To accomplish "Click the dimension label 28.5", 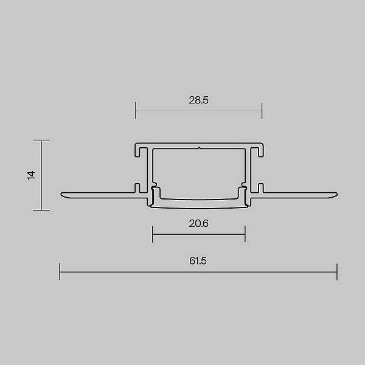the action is tap(198, 100).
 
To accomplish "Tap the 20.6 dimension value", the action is tap(198, 223).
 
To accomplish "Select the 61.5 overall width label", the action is tap(198, 261).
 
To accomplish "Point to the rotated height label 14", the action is tap(31, 175).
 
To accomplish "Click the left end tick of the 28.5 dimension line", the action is tap(136, 111).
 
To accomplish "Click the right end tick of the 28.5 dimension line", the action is tap(262, 111).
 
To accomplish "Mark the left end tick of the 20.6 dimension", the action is tap(153, 234).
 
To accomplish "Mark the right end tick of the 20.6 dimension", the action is tap(245, 234).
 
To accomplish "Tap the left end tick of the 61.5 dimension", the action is tap(60, 272).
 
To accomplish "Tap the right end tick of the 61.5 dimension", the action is tap(337, 272).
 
